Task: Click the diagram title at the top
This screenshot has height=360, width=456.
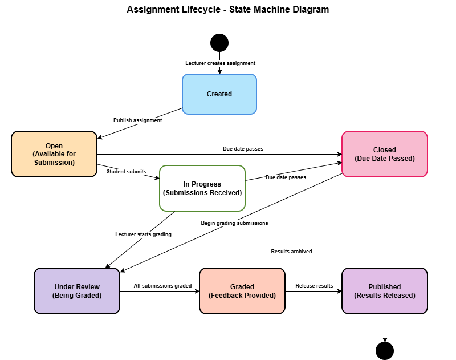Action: click(x=227, y=10)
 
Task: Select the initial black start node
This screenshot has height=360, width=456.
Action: click(x=219, y=43)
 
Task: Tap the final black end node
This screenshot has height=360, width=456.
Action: click(x=385, y=351)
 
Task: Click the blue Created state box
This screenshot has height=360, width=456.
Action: click(x=219, y=94)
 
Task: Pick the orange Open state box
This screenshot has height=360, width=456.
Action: click(x=54, y=154)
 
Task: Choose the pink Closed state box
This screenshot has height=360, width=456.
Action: click(x=385, y=154)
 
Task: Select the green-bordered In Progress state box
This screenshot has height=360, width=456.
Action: click(x=202, y=188)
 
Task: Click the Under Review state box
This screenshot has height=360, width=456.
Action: click(x=77, y=291)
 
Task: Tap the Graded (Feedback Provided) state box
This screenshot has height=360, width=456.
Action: click(x=242, y=291)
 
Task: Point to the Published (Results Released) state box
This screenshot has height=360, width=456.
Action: click(x=385, y=291)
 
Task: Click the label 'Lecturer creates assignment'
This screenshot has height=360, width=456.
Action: click(x=221, y=63)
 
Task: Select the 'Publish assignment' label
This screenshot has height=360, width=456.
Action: click(x=137, y=120)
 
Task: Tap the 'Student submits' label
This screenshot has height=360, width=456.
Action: click(x=127, y=171)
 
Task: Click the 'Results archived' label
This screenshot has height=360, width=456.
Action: click(x=291, y=252)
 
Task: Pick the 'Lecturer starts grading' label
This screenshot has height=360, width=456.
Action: click(x=143, y=234)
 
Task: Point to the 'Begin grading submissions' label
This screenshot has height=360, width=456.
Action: click(x=234, y=223)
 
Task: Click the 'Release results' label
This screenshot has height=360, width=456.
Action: click(x=314, y=285)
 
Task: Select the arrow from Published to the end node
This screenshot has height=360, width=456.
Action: click(x=385, y=328)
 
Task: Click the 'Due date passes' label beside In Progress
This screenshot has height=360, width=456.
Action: click(x=286, y=177)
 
